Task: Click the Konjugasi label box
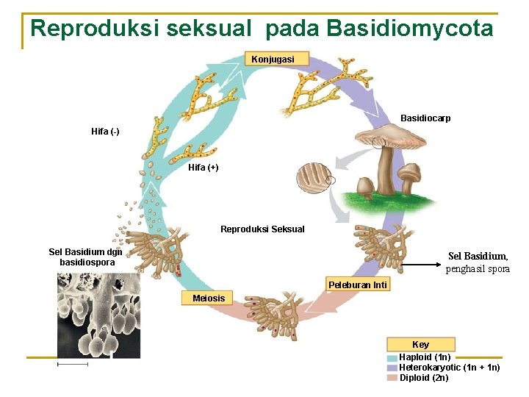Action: (x=273, y=59)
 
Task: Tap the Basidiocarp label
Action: (x=425, y=118)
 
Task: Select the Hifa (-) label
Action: (x=105, y=132)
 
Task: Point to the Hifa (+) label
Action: (x=204, y=168)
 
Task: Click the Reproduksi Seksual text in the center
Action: (x=262, y=229)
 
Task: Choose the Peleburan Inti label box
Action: (x=358, y=285)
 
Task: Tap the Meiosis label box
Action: (x=209, y=298)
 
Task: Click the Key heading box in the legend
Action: (x=420, y=344)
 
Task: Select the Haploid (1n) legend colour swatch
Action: (x=392, y=358)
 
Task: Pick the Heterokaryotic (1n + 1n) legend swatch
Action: (x=392, y=368)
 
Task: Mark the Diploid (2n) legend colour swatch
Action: (x=392, y=378)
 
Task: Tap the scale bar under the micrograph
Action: (x=72, y=363)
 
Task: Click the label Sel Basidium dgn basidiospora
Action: (x=87, y=257)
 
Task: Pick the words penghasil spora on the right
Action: (x=478, y=269)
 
